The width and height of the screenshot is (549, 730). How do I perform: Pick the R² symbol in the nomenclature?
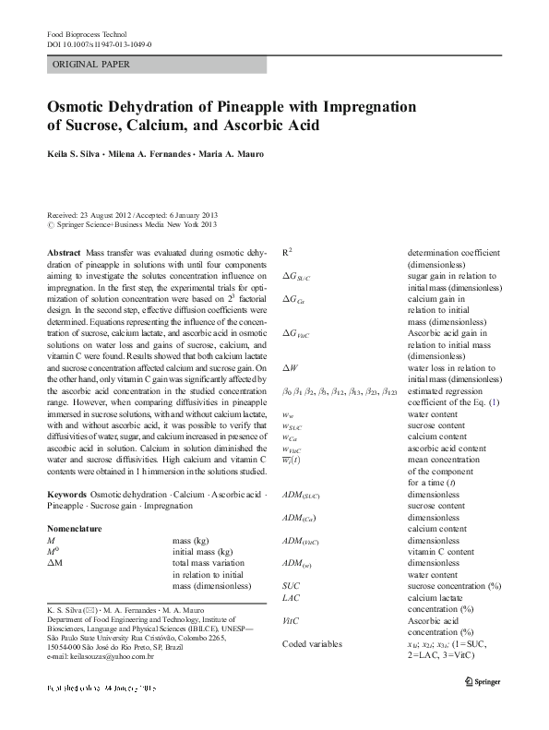point(288,251)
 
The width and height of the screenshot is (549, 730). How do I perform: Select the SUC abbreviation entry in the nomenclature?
point(291,585)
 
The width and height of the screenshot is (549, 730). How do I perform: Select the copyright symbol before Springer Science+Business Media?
point(49,223)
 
